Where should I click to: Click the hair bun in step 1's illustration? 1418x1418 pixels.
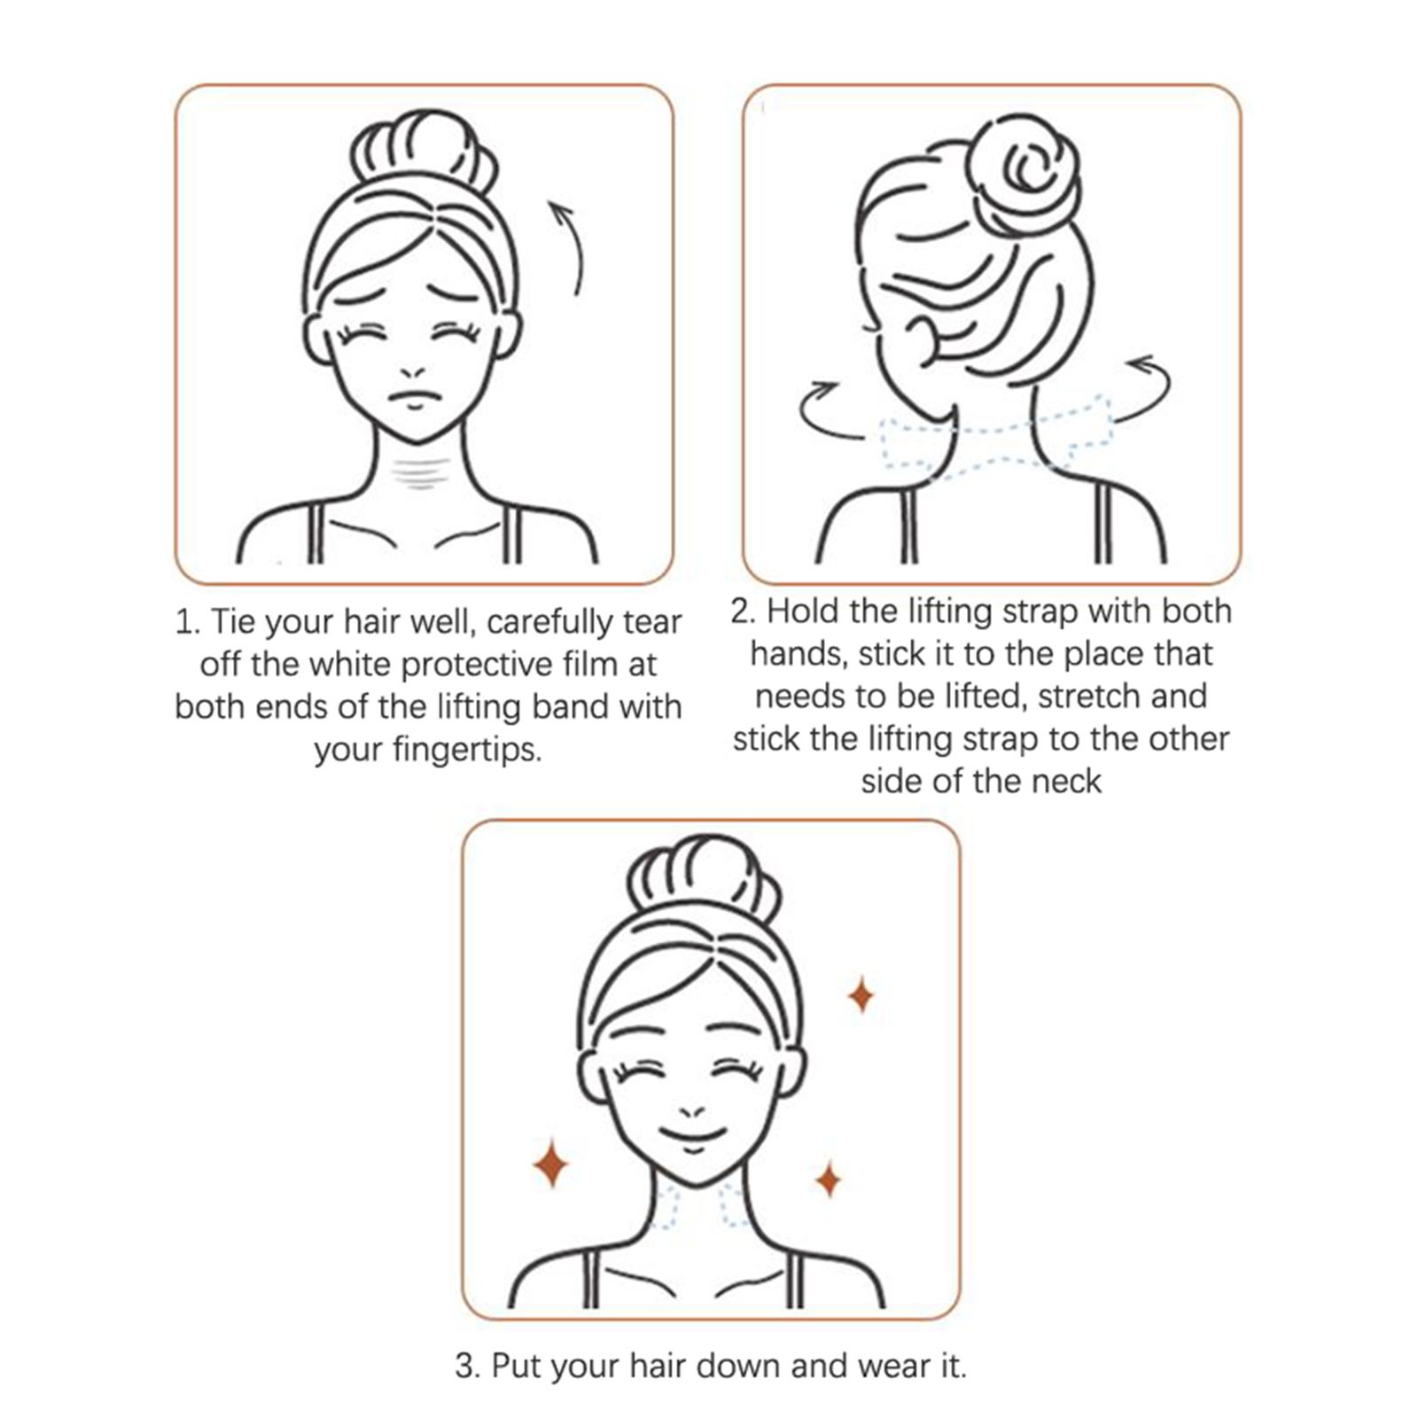click(423, 151)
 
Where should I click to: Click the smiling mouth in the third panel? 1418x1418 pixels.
click(694, 1138)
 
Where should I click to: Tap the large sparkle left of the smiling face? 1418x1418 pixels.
click(550, 1164)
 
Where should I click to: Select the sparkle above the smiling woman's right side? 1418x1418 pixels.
click(861, 995)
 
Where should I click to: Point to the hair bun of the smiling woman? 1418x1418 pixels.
click(704, 878)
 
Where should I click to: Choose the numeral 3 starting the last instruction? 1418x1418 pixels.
click(464, 1367)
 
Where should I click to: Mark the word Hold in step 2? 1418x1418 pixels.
click(803, 612)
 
